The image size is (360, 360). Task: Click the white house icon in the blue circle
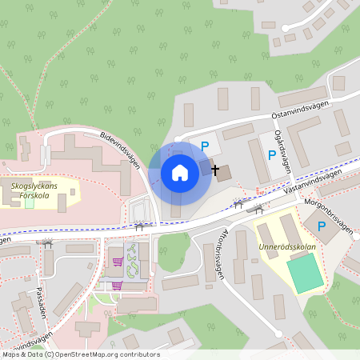179,172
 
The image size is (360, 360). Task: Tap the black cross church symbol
214,170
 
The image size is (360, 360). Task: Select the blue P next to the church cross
205,146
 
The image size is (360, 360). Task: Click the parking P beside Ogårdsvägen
272,154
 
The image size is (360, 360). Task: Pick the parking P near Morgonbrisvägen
322,226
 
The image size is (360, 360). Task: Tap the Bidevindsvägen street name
119,150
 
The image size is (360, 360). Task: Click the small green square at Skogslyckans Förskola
30,201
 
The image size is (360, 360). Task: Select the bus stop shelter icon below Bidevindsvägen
139,226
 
